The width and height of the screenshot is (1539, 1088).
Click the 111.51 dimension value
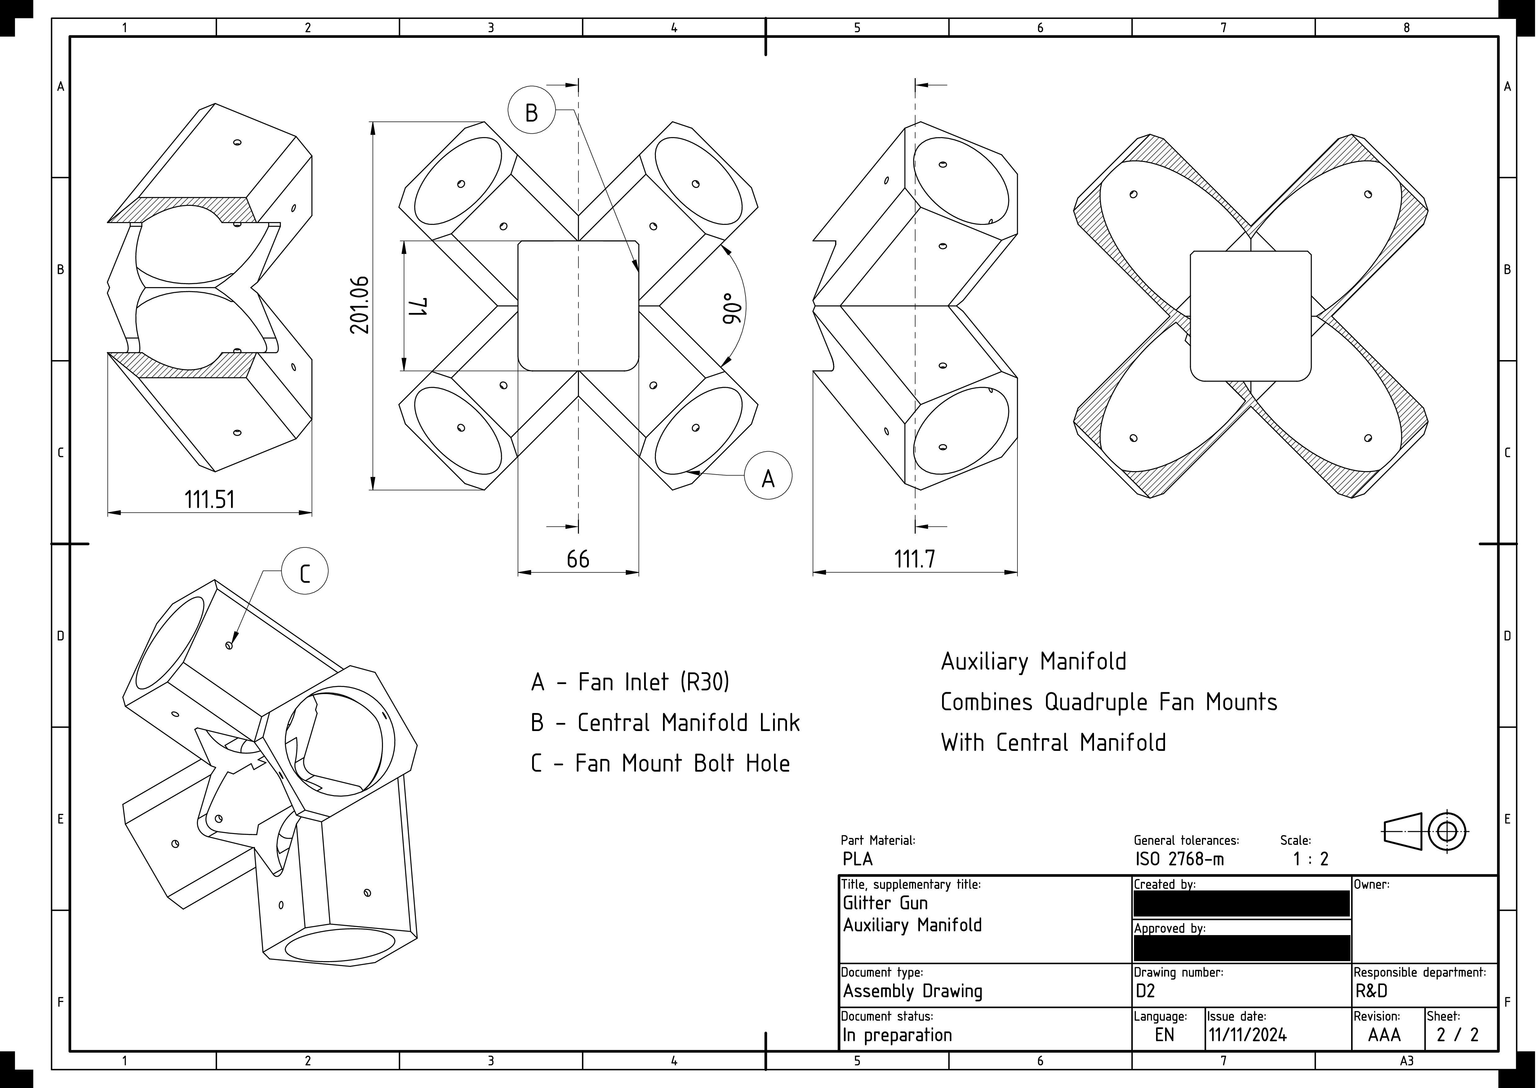click(x=210, y=499)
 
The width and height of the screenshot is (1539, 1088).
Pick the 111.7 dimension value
click(x=914, y=558)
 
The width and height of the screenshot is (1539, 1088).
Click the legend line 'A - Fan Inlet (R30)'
click(x=630, y=682)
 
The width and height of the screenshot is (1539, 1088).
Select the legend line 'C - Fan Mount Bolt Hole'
click(x=660, y=763)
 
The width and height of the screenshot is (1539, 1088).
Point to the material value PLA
click(x=858, y=859)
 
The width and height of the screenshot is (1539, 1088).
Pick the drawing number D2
click(x=1145, y=991)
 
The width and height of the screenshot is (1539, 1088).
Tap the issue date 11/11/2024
click(x=1248, y=1035)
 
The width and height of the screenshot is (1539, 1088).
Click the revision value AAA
click(x=1384, y=1035)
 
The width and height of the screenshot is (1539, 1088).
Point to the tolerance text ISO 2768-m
click(x=1180, y=859)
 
